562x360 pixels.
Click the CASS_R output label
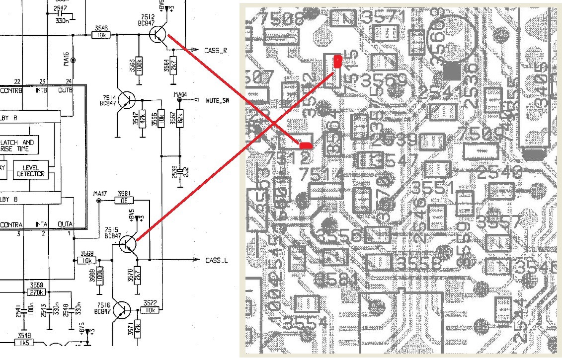[x=216, y=51]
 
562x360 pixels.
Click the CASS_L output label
[x=216, y=260]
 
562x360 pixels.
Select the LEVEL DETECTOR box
[x=30, y=170]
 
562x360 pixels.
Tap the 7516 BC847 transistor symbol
[x=121, y=311]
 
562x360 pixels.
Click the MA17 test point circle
[x=98, y=201]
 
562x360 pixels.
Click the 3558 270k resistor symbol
[x=36, y=292]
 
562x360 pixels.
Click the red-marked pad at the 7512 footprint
[x=306, y=145]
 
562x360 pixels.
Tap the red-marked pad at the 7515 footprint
[x=337, y=62]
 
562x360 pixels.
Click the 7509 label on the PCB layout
[x=481, y=133]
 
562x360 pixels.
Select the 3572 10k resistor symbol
[x=150, y=310]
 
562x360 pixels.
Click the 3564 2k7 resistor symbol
[x=173, y=64]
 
